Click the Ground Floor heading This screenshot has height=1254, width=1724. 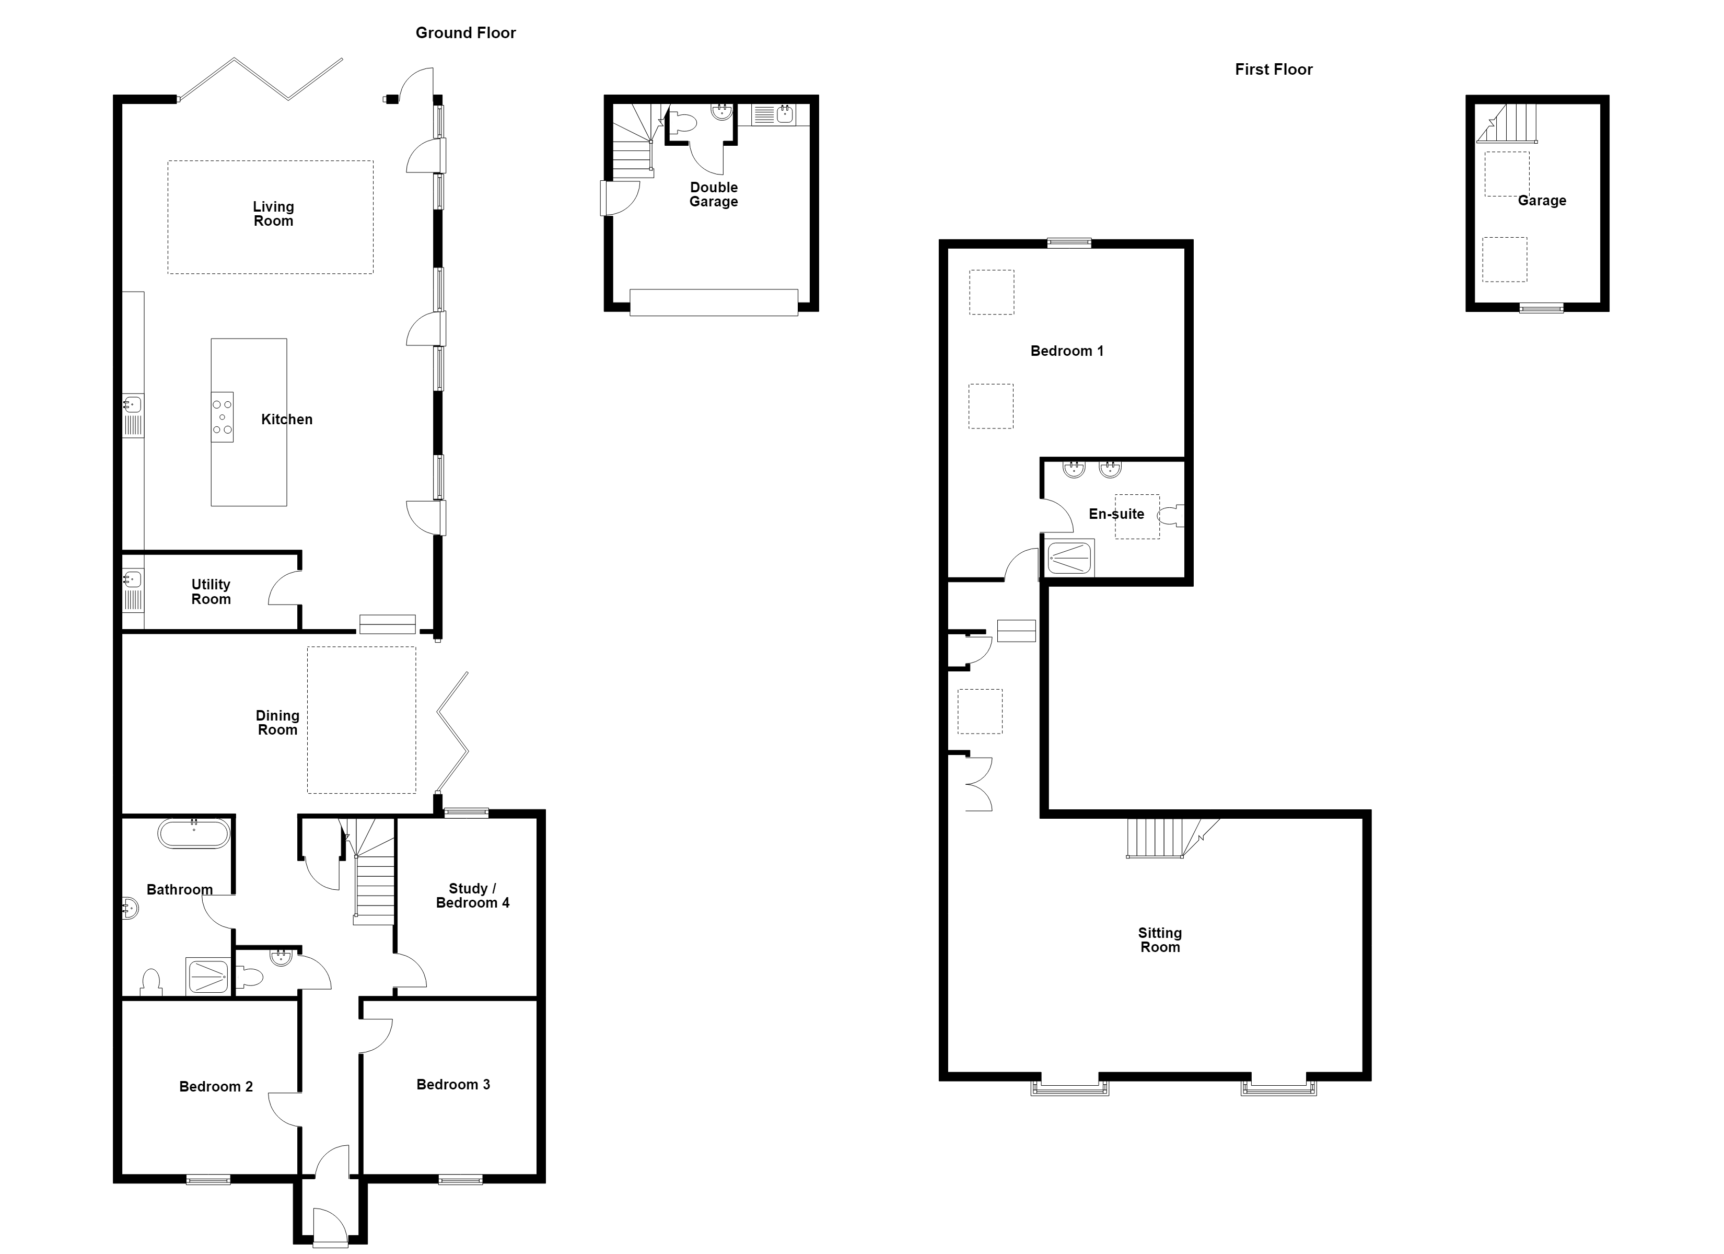click(x=465, y=33)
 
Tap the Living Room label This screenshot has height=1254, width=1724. click(x=273, y=214)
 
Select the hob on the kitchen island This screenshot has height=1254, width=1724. click(x=222, y=417)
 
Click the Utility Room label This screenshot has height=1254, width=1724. click(x=211, y=591)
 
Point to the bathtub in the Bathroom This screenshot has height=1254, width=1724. click(x=194, y=834)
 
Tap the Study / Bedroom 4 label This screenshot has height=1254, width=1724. click(x=472, y=895)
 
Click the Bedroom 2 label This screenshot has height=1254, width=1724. click(x=216, y=1087)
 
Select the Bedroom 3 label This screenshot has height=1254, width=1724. click(x=453, y=1084)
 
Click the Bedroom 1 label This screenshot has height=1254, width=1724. click(x=1066, y=351)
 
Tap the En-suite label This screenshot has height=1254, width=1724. click(x=1116, y=514)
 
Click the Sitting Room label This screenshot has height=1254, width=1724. click(x=1160, y=940)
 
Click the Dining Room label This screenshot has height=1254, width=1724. click(x=277, y=723)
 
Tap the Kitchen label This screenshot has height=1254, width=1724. click(x=287, y=419)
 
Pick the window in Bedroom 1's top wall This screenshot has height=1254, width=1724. click(x=1069, y=243)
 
